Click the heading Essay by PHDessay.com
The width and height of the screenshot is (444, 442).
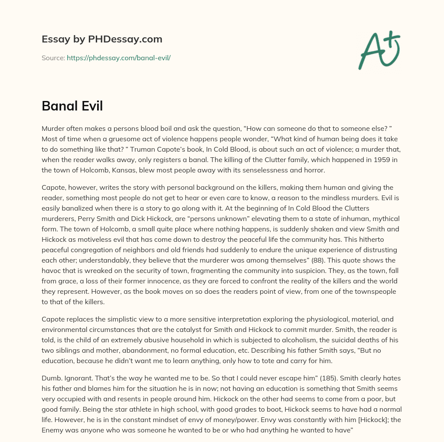(x=102, y=39)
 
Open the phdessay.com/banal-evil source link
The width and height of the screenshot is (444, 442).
(x=118, y=58)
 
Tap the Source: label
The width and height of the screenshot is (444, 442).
(x=53, y=58)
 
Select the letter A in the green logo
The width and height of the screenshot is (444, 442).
(x=371, y=52)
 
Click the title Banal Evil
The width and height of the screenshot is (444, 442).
(x=72, y=106)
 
